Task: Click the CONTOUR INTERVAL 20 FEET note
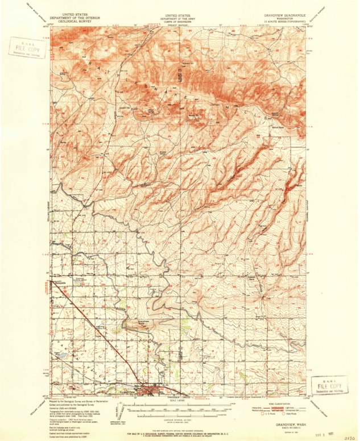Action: pyautogui.click(x=177, y=416)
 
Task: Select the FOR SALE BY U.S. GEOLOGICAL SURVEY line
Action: pyautogui.click(x=177, y=432)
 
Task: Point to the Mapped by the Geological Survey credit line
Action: pyautogui.click(x=80, y=402)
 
